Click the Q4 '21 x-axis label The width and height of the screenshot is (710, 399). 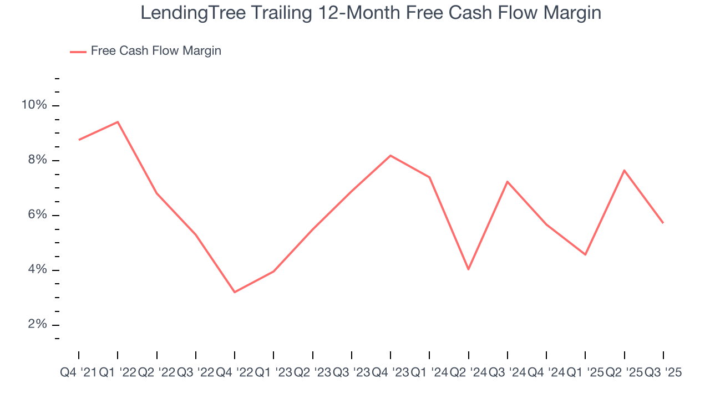click(78, 373)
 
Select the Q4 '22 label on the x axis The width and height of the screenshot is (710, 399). click(235, 373)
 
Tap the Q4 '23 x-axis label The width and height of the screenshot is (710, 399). click(390, 373)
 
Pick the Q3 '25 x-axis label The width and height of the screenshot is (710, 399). click(663, 373)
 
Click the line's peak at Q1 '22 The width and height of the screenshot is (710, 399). click(118, 122)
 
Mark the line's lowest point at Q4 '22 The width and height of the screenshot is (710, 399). click(235, 292)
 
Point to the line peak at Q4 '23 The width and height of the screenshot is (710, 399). click(390, 155)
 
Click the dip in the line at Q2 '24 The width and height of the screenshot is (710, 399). click(469, 269)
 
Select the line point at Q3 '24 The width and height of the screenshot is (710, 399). click(508, 181)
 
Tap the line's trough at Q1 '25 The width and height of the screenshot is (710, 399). click(586, 254)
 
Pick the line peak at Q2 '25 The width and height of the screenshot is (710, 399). click(625, 170)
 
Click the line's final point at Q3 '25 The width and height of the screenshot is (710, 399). click(663, 223)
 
